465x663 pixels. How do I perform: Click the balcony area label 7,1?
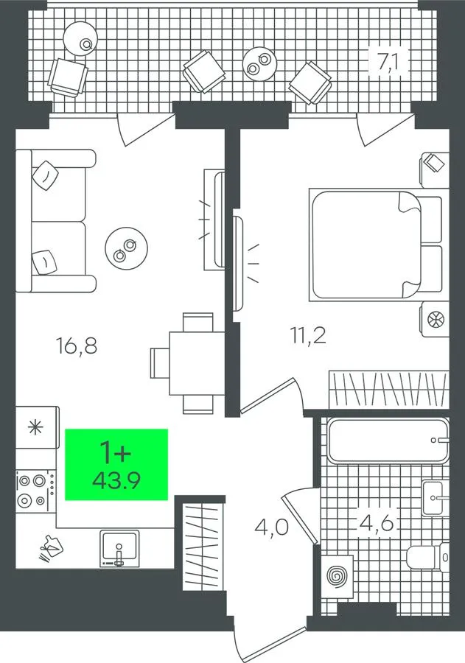[x=388, y=62]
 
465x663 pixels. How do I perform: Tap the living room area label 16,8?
[x=77, y=345]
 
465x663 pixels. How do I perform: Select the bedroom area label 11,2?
[x=308, y=337]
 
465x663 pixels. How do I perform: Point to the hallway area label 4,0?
[x=272, y=527]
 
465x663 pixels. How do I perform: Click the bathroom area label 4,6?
[x=376, y=523]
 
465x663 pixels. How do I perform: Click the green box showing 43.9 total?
[x=116, y=464]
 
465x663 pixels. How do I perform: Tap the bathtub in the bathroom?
[x=388, y=441]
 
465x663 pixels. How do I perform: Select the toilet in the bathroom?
[x=427, y=557]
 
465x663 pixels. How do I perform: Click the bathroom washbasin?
[x=435, y=498]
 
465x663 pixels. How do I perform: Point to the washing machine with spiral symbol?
[x=338, y=575]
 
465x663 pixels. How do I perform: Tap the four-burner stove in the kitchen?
[x=36, y=491]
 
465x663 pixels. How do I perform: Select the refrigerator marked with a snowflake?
[x=37, y=427]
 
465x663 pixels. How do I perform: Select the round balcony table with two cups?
[x=259, y=63]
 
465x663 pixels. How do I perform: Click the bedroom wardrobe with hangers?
[x=388, y=390]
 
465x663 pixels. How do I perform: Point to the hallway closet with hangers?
[x=203, y=546]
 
